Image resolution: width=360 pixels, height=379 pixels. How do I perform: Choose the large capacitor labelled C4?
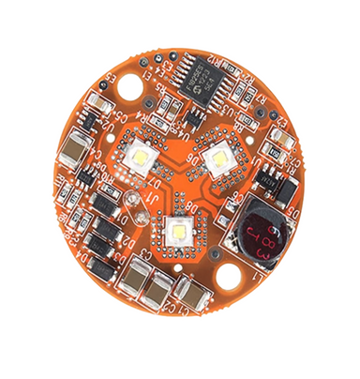pyautogui.click(x=74, y=151)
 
